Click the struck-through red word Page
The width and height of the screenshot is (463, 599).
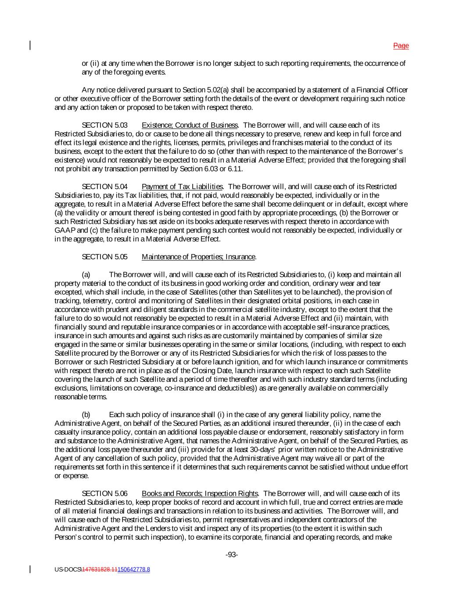pos(401,46)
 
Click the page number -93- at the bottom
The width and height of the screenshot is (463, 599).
pos(232,555)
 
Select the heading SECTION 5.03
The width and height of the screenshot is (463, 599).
pos(104,125)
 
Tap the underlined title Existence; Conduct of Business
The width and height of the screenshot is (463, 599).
pos(190,125)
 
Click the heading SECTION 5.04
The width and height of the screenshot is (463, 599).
pos(104,187)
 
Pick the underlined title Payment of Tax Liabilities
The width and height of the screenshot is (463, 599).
pos(182,187)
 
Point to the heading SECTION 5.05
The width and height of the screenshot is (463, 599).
pos(104,257)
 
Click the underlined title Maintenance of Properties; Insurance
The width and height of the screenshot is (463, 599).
pos(198,257)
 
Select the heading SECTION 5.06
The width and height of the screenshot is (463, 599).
pos(104,494)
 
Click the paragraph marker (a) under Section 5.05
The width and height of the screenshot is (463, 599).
pos(86,275)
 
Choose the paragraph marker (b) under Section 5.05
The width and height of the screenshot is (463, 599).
pos(86,415)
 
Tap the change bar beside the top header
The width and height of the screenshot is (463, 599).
pos(30,46)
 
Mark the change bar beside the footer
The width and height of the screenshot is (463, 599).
pos(30,569)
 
